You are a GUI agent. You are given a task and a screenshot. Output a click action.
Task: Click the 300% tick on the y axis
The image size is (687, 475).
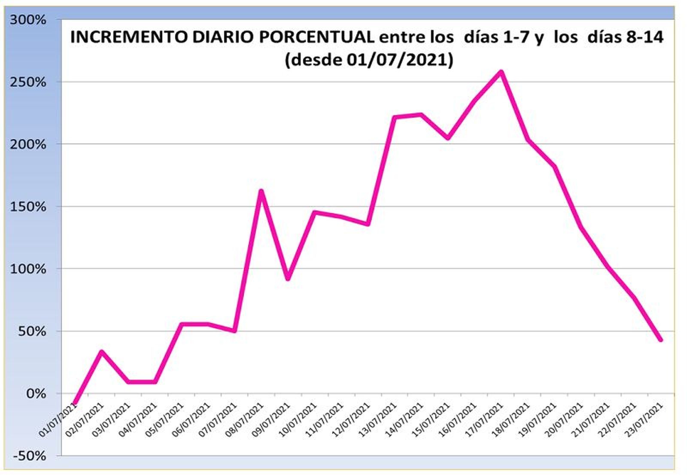(x=27, y=20)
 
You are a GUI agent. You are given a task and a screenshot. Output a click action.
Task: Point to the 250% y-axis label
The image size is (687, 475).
(x=27, y=82)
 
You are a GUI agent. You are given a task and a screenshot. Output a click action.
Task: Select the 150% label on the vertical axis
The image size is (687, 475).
(x=27, y=207)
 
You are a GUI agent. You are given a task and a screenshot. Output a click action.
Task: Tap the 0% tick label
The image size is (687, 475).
(x=36, y=393)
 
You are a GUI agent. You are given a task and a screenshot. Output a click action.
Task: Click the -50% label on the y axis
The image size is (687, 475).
(x=29, y=456)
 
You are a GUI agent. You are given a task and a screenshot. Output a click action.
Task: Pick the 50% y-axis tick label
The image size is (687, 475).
(x=32, y=331)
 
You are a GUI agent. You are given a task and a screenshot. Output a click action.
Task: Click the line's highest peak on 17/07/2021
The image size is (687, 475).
(x=501, y=72)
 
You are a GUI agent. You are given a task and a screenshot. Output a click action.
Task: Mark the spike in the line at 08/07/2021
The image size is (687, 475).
(x=261, y=191)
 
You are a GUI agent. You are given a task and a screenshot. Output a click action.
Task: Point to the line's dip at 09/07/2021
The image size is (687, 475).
(x=288, y=279)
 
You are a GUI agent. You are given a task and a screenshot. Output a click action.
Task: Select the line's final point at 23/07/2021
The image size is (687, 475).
(x=660, y=340)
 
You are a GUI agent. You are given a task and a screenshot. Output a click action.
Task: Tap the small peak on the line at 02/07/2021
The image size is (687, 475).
(x=101, y=352)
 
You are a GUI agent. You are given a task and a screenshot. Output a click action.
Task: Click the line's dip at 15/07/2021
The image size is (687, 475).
(x=448, y=138)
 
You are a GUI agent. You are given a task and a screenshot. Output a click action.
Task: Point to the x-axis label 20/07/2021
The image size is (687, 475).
(x=565, y=419)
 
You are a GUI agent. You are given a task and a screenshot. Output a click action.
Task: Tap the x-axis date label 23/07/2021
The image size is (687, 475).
(x=645, y=419)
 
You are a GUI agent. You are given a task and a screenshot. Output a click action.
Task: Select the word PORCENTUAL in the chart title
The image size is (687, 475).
(x=317, y=37)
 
